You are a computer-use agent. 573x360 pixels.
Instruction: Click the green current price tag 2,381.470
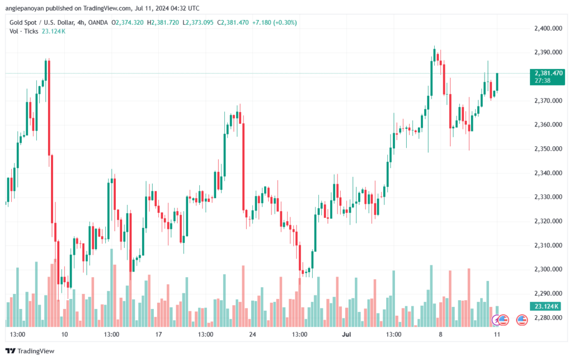[x=548, y=73]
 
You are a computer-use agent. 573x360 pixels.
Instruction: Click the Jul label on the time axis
[x=346, y=334]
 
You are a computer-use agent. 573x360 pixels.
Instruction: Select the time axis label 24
[x=252, y=334]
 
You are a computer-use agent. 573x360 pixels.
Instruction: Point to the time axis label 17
[x=158, y=334]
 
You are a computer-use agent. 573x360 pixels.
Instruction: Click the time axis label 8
[x=440, y=334]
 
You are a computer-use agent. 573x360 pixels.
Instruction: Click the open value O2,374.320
[x=128, y=22]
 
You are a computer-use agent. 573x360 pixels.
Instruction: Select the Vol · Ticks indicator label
[x=24, y=31]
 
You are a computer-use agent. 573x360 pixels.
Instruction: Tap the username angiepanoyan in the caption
[x=26, y=8]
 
